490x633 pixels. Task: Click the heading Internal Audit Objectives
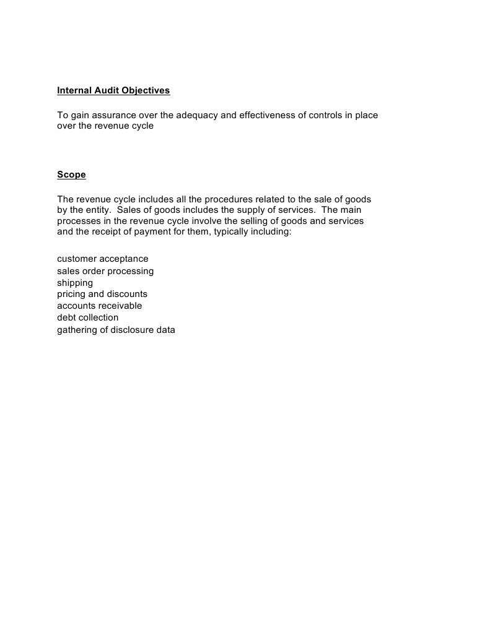113,90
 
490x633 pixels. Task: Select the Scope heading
71,174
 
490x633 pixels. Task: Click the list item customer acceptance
103,259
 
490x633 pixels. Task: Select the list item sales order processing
105,271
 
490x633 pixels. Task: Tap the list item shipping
75,283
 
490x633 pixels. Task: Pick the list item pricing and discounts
102,294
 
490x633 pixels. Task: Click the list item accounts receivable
100,306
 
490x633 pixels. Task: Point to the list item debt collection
87,317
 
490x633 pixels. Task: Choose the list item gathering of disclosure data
116,330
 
